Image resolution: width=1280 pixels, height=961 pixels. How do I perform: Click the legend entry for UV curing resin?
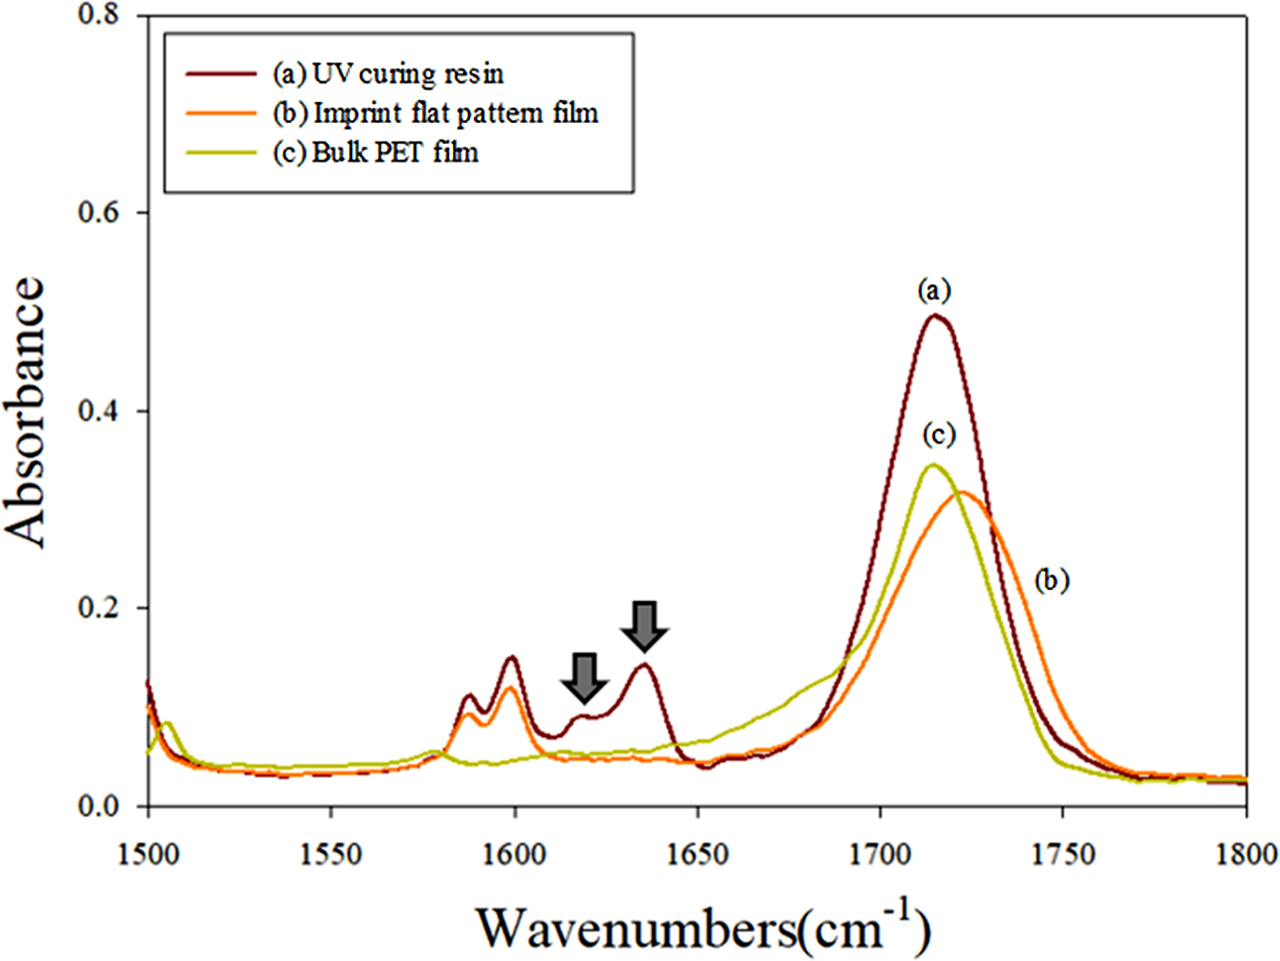pyautogui.click(x=387, y=73)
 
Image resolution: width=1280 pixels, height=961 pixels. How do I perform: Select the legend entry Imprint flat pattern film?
pyautogui.click(x=434, y=113)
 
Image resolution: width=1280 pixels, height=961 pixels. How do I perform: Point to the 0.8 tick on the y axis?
pyautogui.click(x=98, y=16)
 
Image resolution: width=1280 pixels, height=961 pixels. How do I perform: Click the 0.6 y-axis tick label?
pyautogui.click(x=98, y=213)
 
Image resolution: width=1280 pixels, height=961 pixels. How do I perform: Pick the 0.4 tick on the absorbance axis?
pyautogui.click(x=98, y=411)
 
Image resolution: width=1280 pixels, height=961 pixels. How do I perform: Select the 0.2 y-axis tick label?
pyautogui.click(x=98, y=608)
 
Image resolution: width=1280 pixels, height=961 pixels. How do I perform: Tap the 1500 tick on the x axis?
pyautogui.click(x=148, y=853)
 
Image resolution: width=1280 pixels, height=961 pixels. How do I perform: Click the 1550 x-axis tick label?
pyautogui.click(x=331, y=853)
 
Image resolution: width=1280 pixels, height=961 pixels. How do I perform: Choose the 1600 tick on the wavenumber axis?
pyautogui.click(x=515, y=853)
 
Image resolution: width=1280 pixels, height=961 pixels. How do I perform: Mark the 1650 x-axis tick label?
pyautogui.click(x=698, y=853)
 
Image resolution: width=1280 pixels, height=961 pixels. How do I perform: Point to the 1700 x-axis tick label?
pyautogui.click(x=880, y=853)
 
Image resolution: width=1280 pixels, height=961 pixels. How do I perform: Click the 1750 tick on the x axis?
pyautogui.click(x=1063, y=853)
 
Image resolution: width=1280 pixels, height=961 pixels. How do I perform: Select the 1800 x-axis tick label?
pyautogui.click(x=1245, y=853)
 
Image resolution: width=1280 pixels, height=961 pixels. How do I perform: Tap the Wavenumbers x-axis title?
pyautogui.click(x=704, y=927)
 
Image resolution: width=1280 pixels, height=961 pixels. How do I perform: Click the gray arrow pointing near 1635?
pyautogui.click(x=644, y=627)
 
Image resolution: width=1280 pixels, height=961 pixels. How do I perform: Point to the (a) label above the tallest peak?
pyautogui.click(x=934, y=291)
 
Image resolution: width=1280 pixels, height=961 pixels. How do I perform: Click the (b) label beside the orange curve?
pyautogui.click(x=1051, y=580)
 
